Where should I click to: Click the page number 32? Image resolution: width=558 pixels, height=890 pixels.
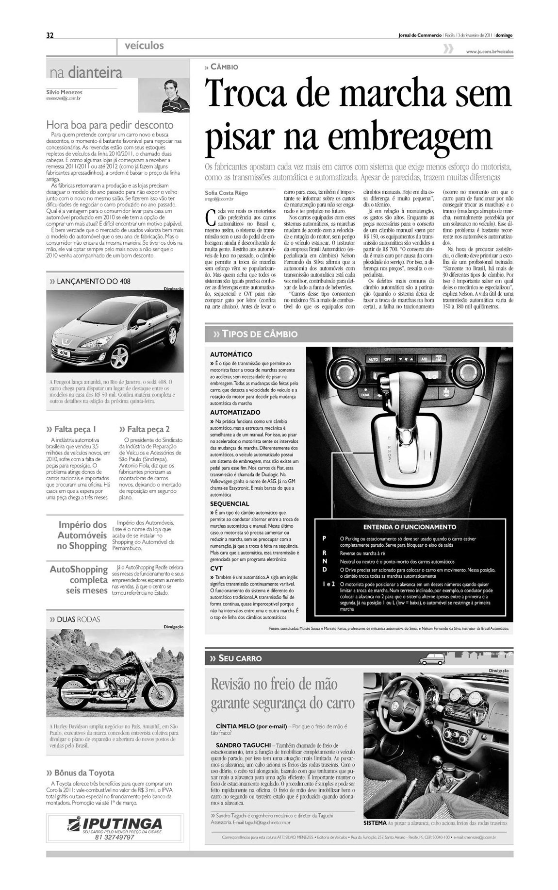(49, 35)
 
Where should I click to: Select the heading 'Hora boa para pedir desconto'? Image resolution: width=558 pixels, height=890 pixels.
(110, 125)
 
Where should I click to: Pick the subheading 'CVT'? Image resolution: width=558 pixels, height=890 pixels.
(216, 568)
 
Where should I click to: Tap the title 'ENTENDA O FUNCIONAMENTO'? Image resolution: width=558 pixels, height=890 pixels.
(410, 527)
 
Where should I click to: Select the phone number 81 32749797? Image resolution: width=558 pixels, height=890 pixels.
(115, 837)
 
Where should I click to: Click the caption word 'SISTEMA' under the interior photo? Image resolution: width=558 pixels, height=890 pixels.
(375, 823)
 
